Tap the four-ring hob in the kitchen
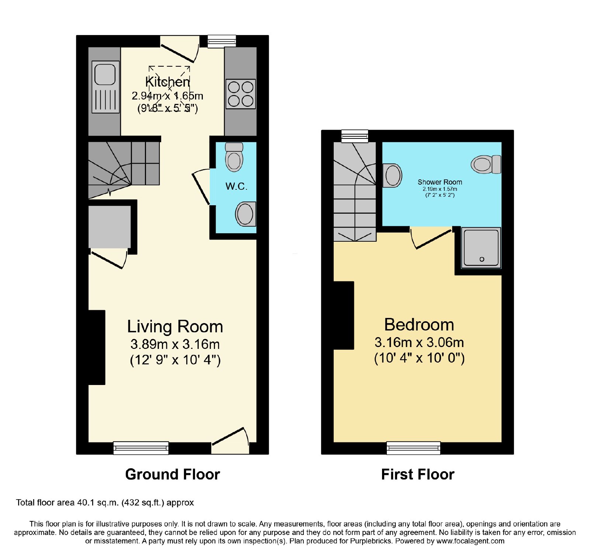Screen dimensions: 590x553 tap(241, 94)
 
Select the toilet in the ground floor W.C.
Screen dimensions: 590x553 tap(234, 157)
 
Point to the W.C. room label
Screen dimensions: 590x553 tap(236, 186)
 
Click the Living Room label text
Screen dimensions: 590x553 tap(175, 326)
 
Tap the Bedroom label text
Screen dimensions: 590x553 tap(419, 325)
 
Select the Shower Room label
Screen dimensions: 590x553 tap(440, 182)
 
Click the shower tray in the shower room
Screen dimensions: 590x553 tap(481, 248)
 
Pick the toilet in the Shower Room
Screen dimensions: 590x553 tap(486, 164)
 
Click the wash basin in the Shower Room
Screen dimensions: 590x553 tap(392, 175)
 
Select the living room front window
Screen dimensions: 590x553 tap(141, 448)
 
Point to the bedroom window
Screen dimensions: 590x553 tap(413, 448)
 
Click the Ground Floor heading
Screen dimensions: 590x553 tap(173, 474)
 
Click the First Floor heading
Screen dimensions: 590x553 tap(418, 474)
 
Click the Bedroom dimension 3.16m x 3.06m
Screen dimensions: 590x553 tap(419, 342)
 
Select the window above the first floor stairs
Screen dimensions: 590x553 tap(355, 136)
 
